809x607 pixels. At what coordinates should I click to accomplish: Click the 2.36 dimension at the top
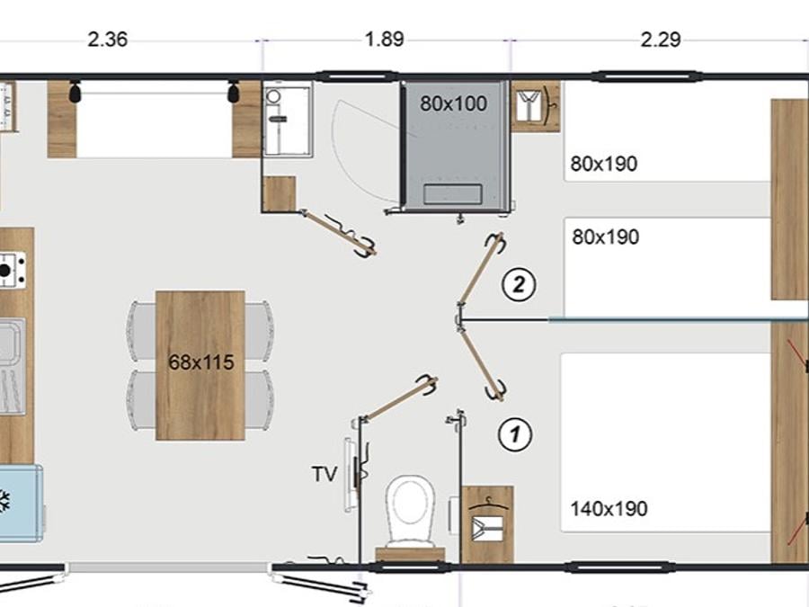point(107,40)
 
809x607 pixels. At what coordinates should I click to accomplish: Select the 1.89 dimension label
point(385,40)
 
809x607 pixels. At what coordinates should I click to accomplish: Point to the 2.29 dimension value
point(661,40)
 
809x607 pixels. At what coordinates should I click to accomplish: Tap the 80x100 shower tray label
point(453,103)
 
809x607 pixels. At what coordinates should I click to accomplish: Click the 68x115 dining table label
point(201,362)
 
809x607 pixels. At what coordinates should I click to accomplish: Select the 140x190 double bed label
point(609,509)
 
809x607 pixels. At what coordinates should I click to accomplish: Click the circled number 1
point(515,434)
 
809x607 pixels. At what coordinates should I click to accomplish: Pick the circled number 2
point(519,284)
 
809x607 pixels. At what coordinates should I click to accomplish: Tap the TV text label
point(324,474)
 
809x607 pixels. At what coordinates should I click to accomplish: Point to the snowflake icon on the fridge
point(4,501)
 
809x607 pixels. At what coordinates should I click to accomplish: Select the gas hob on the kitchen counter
point(12,270)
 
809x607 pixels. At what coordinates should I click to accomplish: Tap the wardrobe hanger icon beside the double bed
point(487,524)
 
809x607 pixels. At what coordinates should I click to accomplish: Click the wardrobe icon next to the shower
point(536,106)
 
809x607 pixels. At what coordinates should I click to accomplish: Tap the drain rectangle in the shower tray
point(452,193)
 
